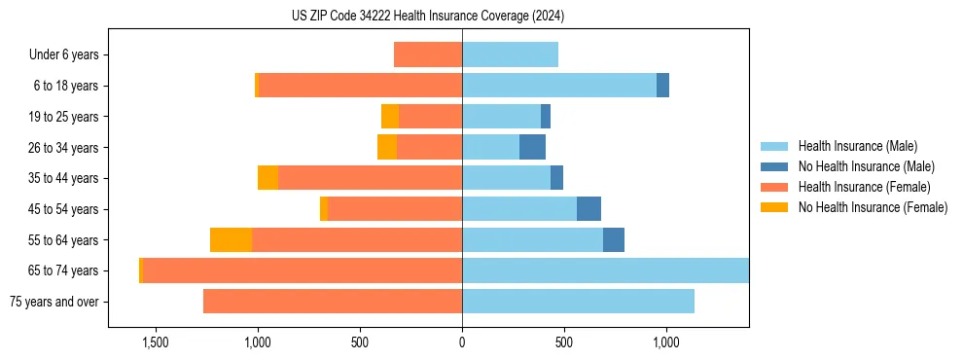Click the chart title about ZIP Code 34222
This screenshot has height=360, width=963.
(428, 17)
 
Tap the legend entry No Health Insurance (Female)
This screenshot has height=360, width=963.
(873, 207)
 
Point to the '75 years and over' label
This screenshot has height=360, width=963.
(54, 302)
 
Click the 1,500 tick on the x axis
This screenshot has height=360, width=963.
(156, 342)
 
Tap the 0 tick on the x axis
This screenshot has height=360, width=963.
(462, 342)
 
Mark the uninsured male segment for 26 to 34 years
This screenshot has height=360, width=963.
(532, 147)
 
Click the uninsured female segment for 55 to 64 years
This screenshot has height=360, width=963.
(231, 240)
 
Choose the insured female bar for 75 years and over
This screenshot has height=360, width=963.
(333, 302)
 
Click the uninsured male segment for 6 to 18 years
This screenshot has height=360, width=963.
(662, 86)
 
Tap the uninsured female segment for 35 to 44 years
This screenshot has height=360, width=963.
(267, 178)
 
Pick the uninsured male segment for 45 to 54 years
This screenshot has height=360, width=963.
(588, 209)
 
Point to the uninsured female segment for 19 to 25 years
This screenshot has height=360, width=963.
(390, 117)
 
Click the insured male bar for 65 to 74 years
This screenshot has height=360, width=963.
(605, 270)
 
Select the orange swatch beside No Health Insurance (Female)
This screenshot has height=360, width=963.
(774, 207)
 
